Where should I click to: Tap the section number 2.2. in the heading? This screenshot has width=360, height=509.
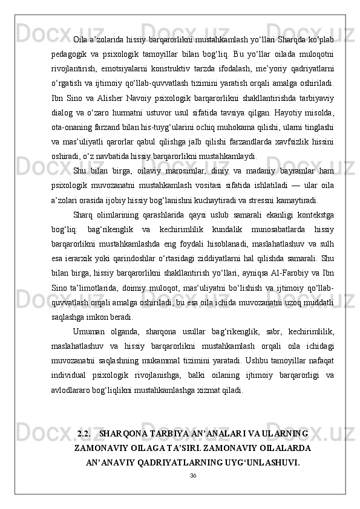(x=85, y=417)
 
